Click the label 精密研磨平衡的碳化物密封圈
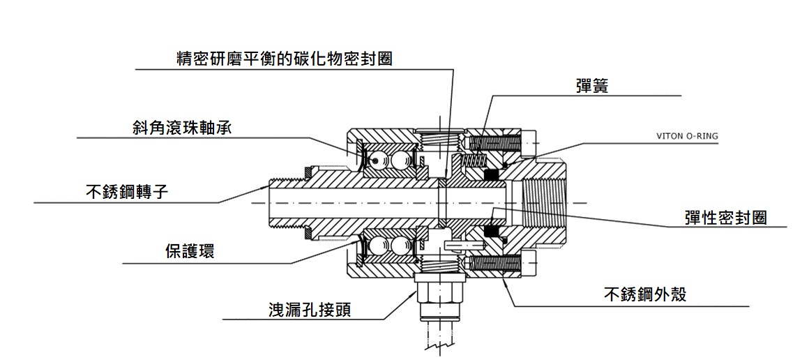point(285,58)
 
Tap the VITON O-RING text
point(687,137)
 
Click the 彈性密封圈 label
point(725,217)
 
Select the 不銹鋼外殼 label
point(645,294)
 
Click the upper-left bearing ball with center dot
point(377,160)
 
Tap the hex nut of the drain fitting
point(438,287)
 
